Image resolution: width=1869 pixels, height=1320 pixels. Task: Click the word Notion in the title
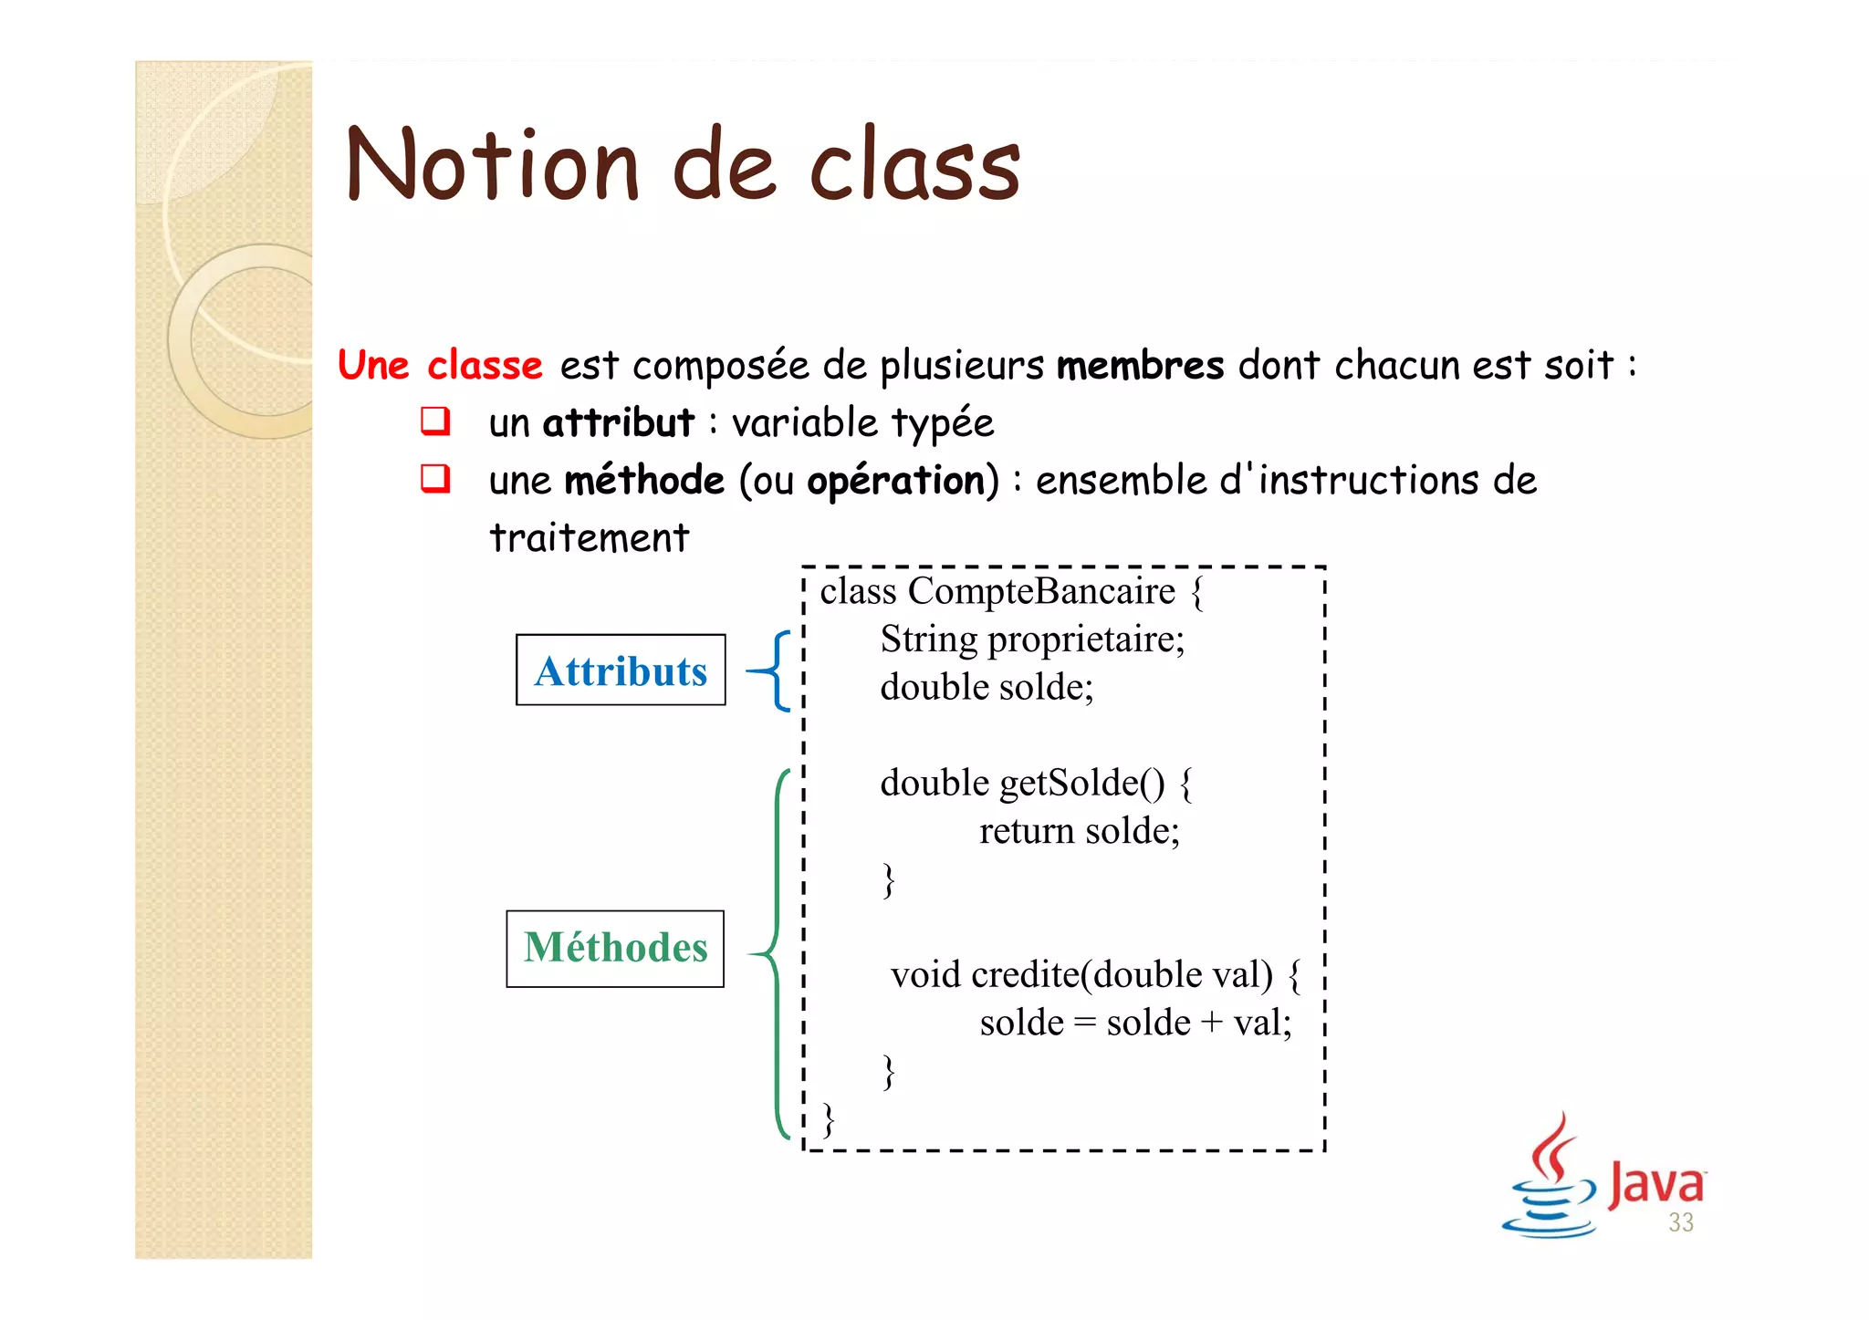click(492, 166)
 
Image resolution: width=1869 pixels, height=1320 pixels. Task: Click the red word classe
click(485, 366)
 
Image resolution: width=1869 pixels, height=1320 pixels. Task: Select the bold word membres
click(1140, 366)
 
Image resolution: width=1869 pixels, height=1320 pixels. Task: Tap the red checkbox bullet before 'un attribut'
click(435, 421)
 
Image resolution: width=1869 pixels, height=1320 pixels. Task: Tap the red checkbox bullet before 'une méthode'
click(435, 479)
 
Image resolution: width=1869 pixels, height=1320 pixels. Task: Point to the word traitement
click(589, 537)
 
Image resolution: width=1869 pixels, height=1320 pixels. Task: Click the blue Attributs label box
click(621, 670)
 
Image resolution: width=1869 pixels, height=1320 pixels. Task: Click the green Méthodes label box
click(615, 948)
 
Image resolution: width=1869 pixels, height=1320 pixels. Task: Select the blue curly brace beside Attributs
click(774, 671)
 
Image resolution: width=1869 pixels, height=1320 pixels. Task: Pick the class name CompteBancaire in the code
click(1041, 591)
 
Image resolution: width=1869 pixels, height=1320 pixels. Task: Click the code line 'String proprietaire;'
click(1031, 639)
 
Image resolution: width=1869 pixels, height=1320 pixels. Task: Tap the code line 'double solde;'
click(987, 687)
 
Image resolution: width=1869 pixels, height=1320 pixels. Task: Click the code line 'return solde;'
click(1079, 831)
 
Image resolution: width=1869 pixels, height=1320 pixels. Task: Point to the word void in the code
click(925, 975)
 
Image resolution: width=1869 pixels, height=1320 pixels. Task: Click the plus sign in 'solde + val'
click(1211, 1023)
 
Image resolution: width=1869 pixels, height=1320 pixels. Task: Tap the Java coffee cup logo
click(1550, 1177)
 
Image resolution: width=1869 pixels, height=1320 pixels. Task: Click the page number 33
click(1680, 1222)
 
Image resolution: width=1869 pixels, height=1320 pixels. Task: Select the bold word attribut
click(618, 423)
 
